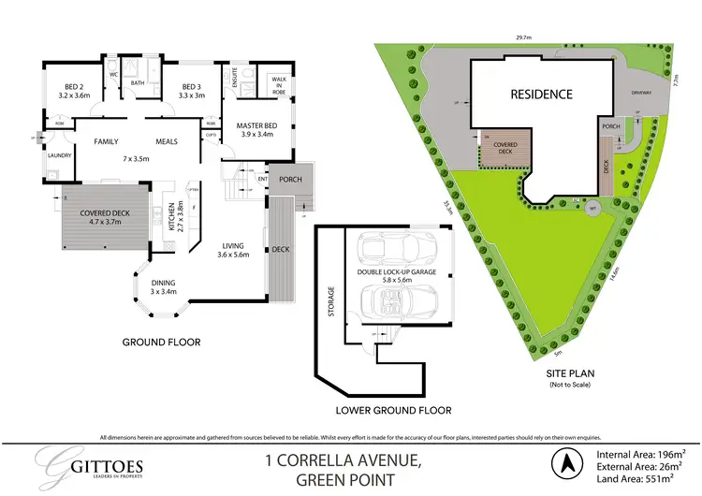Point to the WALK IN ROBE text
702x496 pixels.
point(278,84)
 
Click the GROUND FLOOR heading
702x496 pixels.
point(161,343)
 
